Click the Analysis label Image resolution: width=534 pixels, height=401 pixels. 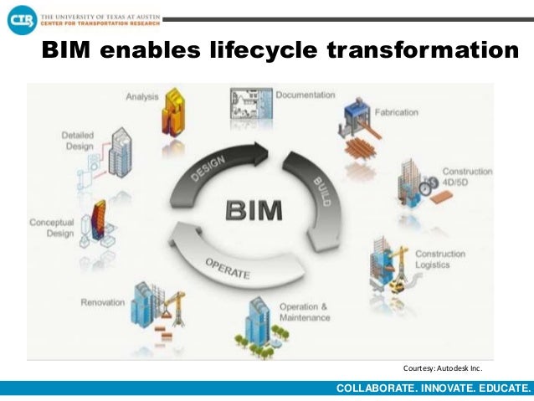click(142, 96)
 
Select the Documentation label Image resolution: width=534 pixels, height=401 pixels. click(306, 95)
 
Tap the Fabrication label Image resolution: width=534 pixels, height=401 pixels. click(397, 111)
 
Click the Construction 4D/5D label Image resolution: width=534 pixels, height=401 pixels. click(467, 177)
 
